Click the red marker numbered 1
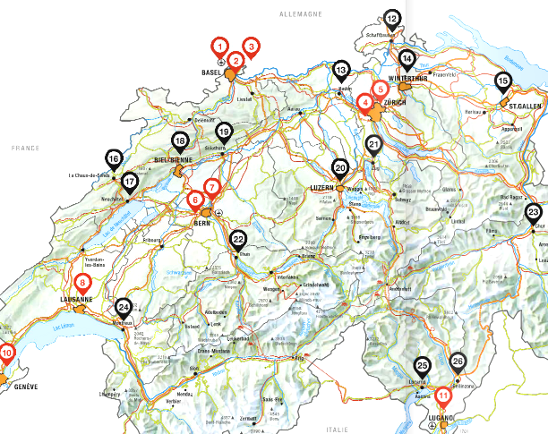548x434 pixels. (219, 47)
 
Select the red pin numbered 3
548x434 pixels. (252, 47)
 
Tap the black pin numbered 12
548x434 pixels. (392, 18)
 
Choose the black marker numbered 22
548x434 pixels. (238, 240)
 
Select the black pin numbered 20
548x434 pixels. (340, 167)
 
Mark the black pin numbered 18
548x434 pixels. (180, 142)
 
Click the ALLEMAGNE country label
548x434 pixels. (300, 15)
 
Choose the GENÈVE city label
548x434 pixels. (22, 387)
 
